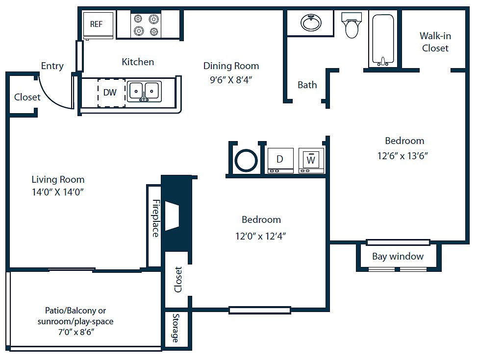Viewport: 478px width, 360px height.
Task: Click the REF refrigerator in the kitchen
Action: click(98, 26)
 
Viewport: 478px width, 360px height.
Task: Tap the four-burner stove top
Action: click(146, 25)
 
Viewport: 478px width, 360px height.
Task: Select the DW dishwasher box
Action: click(111, 93)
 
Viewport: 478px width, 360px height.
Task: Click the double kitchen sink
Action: click(144, 92)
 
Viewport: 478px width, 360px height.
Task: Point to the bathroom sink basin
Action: click(311, 23)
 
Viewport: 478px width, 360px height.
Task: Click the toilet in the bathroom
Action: click(352, 25)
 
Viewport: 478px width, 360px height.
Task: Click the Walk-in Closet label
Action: click(435, 42)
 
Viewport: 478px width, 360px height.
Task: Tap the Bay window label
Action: click(398, 257)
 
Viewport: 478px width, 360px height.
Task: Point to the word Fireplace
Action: click(156, 218)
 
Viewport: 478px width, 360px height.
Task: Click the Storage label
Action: click(176, 328)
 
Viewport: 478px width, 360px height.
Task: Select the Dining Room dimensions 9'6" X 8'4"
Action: click(231, 80)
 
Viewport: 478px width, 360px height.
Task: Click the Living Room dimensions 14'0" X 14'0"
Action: click(58, 192)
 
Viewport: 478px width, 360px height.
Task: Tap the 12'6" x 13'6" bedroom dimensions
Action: click(403, 156)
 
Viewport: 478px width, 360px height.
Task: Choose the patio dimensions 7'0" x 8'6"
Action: click(76, 332)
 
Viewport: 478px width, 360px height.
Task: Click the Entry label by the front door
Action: click(52, 66)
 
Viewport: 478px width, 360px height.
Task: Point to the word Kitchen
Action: click(138, 62)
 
